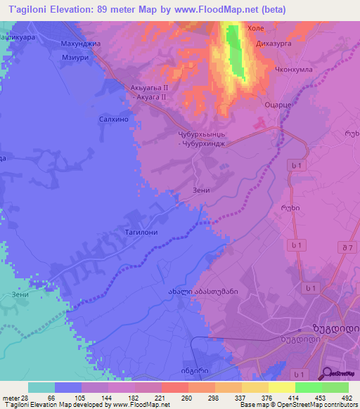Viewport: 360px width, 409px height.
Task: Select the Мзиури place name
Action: point(75,58)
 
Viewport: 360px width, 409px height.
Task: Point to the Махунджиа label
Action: point(77,43)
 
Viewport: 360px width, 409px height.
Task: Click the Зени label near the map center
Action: point(201,190)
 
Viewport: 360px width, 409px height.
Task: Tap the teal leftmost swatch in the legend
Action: point(41,387)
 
